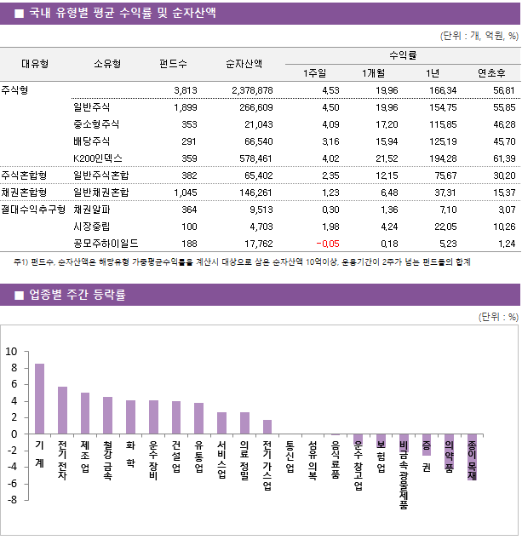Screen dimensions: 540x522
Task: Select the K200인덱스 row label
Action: (98, 158)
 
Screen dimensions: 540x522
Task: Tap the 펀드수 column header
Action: (174, 64)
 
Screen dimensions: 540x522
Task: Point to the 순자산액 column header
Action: (244, 64)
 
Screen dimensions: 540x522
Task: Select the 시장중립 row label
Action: (91, 226)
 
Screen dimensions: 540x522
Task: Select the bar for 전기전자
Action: (62, 410)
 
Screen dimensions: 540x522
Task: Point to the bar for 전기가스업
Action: (267, 427)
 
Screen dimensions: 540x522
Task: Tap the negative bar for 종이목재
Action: (472, 457)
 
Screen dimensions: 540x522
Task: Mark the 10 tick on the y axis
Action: (11, 351)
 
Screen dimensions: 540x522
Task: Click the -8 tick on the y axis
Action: (11, 500)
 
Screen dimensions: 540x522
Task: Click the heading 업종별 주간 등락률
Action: (77, 295)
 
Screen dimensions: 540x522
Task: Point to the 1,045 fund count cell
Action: (184, 192)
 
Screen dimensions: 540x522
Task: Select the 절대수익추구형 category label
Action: (33, 209)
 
